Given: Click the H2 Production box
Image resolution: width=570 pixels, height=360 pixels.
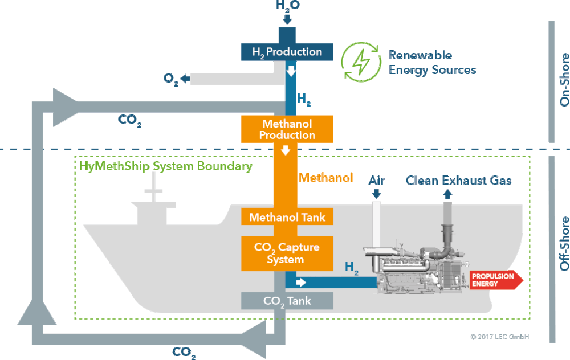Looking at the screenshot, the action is coord(287,52).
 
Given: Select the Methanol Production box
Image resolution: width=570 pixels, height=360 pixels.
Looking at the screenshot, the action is coord(287,129).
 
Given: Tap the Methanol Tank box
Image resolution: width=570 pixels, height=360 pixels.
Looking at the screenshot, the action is coord(287,217).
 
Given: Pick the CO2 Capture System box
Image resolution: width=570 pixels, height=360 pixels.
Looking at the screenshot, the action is coord(287,253).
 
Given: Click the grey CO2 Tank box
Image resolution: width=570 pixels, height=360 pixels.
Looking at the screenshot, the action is coord(287,301).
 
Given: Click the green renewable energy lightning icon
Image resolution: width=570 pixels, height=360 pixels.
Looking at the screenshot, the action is coord(361,62).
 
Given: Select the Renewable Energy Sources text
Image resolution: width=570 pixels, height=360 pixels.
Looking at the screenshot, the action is coord(432,63).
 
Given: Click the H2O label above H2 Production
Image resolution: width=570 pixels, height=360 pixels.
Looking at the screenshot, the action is coord(288,6).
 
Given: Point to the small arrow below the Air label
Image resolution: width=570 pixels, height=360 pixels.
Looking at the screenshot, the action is coord(377,193).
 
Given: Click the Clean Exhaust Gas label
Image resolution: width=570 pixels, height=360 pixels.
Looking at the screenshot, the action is coord(458,181).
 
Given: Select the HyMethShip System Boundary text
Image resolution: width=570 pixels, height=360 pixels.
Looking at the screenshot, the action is coord(166,166).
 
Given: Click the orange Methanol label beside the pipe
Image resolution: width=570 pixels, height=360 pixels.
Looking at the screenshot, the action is coord(325,178).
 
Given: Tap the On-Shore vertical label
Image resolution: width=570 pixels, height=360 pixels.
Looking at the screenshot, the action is coord(564,80).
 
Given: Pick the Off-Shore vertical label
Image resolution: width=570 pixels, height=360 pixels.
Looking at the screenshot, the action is coord(564,244).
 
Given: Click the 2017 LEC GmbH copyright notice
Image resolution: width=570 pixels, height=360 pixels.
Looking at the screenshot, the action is coord(499,337).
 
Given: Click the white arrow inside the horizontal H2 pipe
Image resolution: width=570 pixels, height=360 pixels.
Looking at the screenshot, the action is coord(301,283).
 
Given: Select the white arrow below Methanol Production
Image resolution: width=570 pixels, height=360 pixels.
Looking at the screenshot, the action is coord(286,150).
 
